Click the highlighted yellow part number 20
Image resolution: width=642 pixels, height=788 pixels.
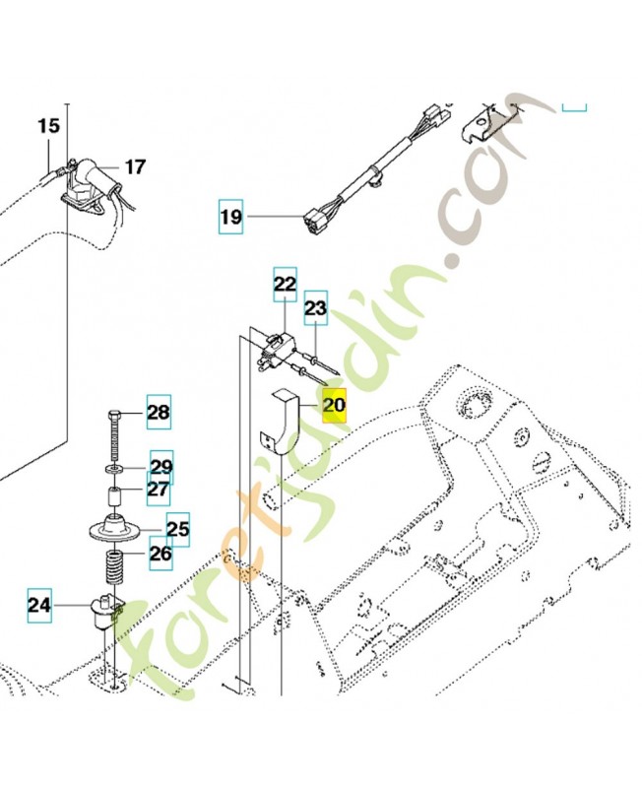(335, 404)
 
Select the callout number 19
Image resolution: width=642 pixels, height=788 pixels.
(229, 215)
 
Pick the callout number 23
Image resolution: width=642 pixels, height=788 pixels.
(315, 308)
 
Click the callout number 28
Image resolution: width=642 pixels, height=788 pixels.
(159, 413)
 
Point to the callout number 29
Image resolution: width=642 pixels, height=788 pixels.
(160, 466)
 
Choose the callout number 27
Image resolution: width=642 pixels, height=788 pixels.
(159, 488)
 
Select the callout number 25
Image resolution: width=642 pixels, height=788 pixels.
(177, 530)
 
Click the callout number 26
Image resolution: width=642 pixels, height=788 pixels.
(160, 554)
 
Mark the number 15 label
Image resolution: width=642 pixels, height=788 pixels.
(48, 126)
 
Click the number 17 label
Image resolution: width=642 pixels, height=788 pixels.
(135, 167)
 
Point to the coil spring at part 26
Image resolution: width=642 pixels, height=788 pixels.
(116, 569)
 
